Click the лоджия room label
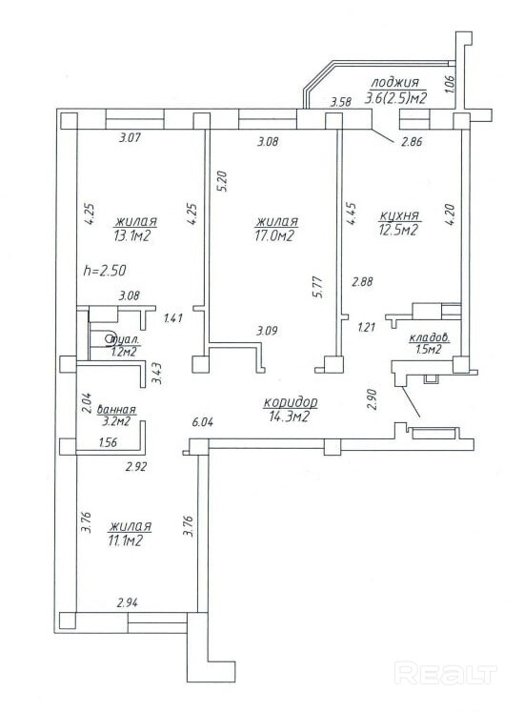point(394,83)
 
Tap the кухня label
point(398,215)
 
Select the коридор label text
point(291,402)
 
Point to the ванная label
point(116,409)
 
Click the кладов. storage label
point(430,337)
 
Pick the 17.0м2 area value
point(274,235)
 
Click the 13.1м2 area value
point(132,235)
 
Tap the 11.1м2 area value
point(126,540)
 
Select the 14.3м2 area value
point(289,417)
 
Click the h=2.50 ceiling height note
point(105,271)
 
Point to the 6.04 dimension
point(203,422)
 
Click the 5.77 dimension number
point(319,287)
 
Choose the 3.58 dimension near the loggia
point(340,102)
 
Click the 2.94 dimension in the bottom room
point(128,603)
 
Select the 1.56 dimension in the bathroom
point(108,442)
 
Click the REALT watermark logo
point(446,674)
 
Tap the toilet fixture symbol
point(109,338)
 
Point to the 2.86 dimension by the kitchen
point(412,142)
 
